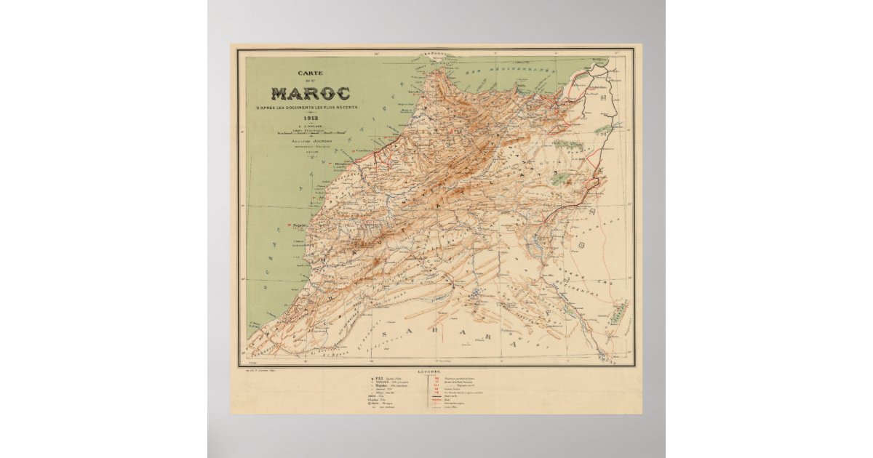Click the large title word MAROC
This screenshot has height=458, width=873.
click(311, 94)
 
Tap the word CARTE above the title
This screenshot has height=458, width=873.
click(310, 73)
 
